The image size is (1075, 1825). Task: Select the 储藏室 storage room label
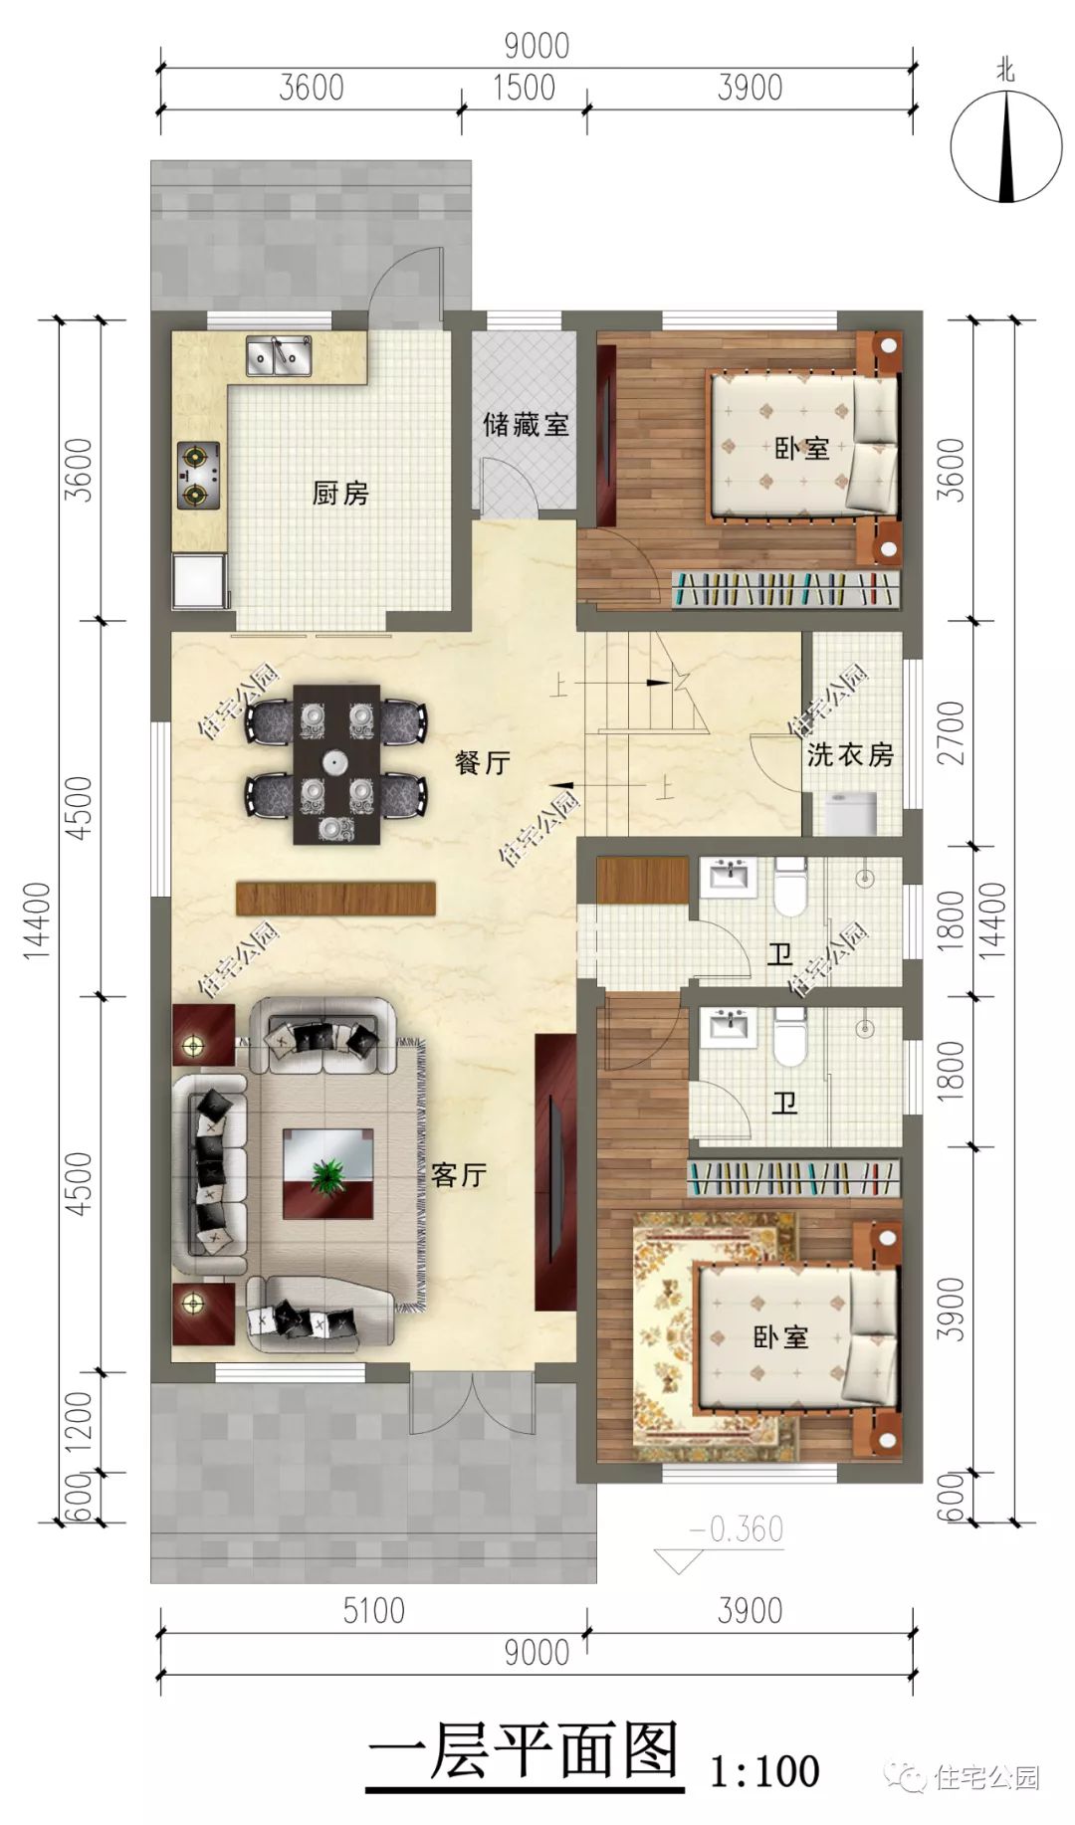click(x=526, y=425)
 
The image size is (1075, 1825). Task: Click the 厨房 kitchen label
click(x=340, y=493)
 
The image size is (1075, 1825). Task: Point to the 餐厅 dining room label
click(x=482, y=762)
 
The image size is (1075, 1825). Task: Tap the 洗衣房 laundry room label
click(x=850, y=754)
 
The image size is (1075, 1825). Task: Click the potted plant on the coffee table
click(x=326, y=1176)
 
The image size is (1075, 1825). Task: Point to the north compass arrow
click(x=1007, y=145)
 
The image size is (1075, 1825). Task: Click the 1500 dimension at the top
click(x=524, y=88)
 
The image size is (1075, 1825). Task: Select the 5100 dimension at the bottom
click(x=373, y=1610)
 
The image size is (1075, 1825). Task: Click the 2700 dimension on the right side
click(x=952, y=732)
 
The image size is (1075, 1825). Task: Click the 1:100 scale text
click(x=763, y=1771)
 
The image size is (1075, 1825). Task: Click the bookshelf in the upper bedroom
click(x=786, y=589)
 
